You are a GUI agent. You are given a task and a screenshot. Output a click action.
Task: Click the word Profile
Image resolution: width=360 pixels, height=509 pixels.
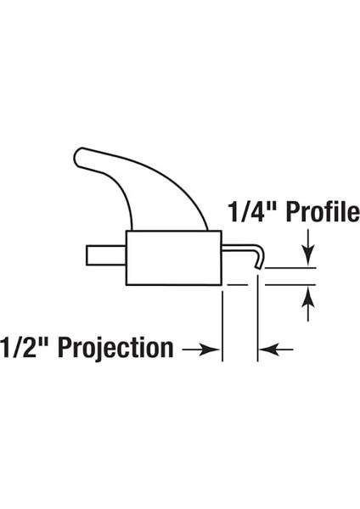point(323,212)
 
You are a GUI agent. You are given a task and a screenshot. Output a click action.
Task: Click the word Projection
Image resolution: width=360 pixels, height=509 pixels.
point(115,348)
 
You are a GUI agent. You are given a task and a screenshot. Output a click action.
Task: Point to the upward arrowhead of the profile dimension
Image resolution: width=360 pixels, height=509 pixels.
point(308,297)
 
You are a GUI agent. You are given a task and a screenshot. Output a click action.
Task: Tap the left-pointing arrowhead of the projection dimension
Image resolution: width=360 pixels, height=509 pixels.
point(269,350)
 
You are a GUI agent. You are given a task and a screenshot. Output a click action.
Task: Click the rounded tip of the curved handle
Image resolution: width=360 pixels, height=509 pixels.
point(78,157)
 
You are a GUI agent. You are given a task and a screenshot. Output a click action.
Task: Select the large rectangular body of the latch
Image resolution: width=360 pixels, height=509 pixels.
point(174,258)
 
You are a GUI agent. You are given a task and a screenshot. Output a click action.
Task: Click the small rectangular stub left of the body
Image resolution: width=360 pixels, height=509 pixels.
point(106,255)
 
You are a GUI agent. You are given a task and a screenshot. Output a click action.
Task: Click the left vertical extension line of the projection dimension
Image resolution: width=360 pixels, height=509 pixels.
point(222,326)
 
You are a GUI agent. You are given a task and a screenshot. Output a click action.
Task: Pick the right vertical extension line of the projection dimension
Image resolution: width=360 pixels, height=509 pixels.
point(257,317)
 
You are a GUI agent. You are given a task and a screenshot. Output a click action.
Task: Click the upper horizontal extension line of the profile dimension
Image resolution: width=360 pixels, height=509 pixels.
point(290,268)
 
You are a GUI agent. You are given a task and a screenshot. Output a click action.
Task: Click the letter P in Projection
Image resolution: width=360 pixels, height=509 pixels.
point(65,348)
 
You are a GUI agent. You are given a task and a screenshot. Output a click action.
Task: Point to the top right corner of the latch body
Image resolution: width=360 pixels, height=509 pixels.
point(222,231)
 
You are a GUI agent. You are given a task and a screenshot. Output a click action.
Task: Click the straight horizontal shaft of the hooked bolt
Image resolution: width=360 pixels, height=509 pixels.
point(238,248)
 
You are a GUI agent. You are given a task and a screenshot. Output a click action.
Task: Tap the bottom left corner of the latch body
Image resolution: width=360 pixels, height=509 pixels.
point(127,285)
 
